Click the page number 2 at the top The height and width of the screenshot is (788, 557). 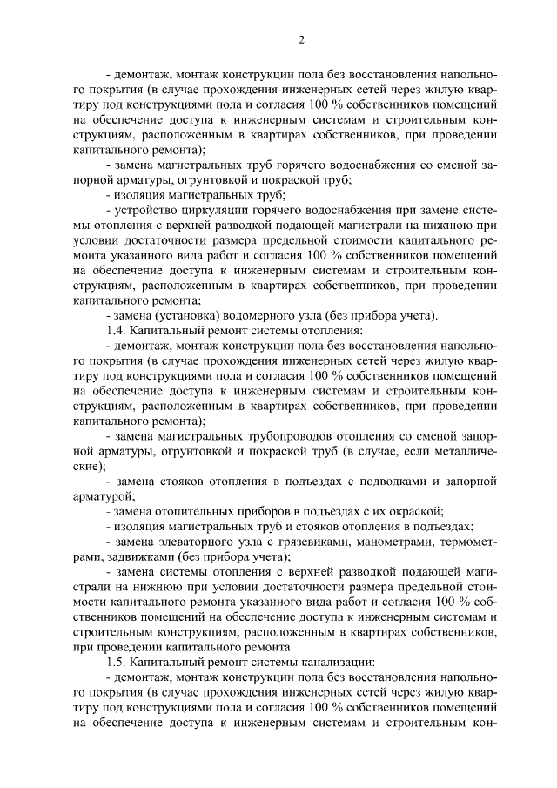(x=301, y=39)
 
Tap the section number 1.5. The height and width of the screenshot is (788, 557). (x=113, y=661)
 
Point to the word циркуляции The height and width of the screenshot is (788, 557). (x=208, y=212)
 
